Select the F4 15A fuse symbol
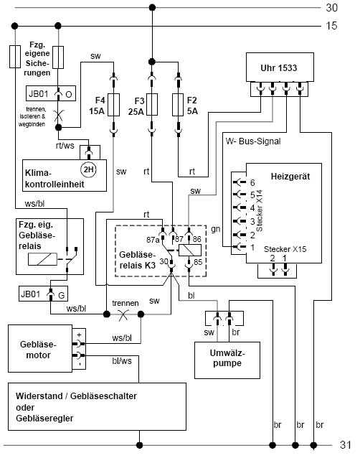(113, 105)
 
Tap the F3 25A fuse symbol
(152, 105)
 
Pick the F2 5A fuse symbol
(178, 105)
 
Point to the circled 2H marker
(88, 169)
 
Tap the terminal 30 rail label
(332, 8)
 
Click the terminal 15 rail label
(331, 26)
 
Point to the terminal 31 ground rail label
(346, 445)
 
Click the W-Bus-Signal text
(253, 141)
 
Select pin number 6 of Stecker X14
(252, 182)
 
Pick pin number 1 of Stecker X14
(252, 248)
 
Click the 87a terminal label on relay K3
(153, 240)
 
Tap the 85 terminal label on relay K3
(198, 262)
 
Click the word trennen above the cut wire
(125, 303)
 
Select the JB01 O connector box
(51, 93)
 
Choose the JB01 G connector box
(43, 294)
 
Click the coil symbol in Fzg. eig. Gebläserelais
(42, 259)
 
